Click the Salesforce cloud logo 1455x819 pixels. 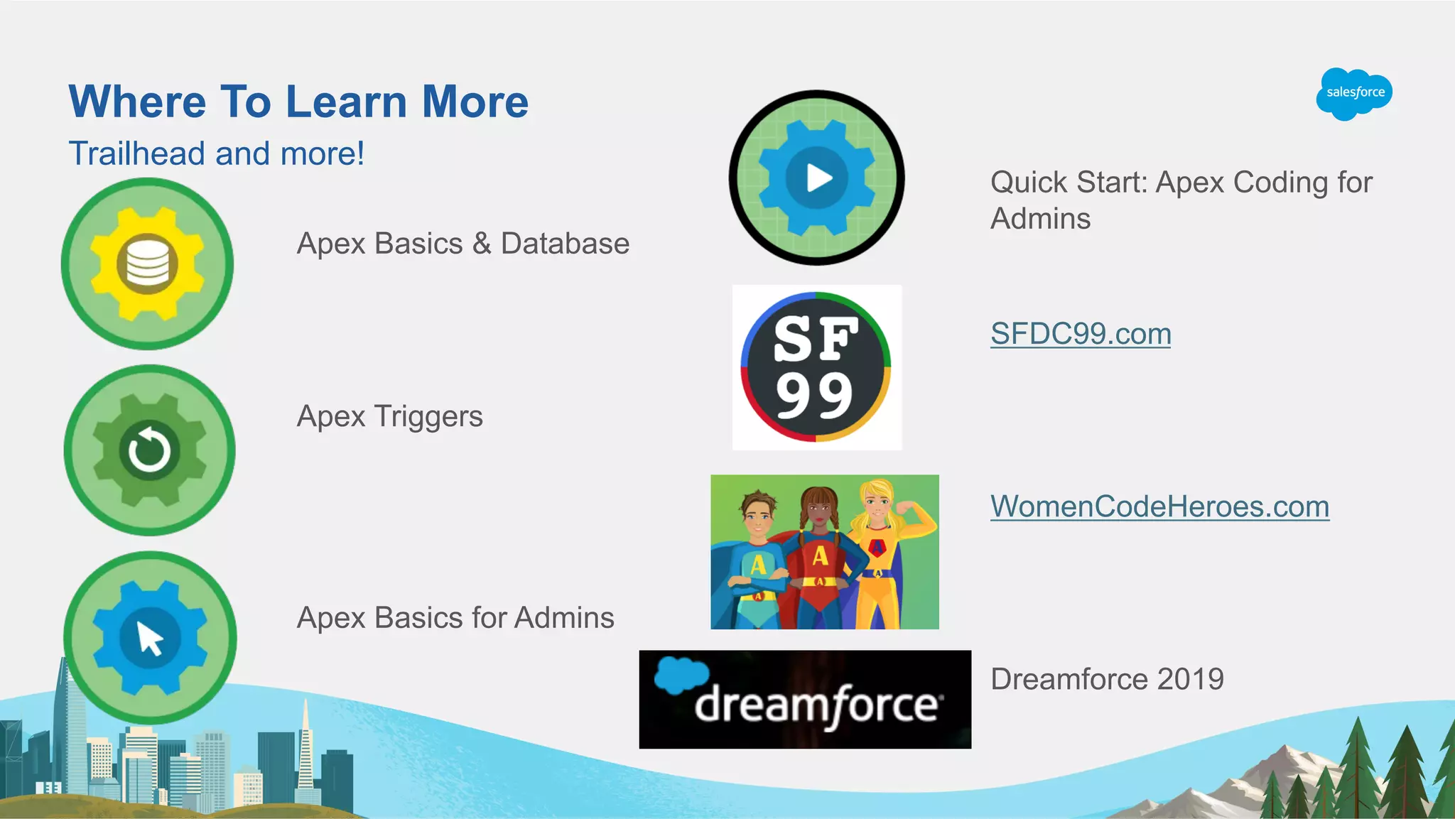point(1354,93)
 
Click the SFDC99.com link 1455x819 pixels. point(1081,334)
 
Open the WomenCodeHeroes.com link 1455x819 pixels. point(1159,506)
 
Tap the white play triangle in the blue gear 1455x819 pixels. point(818,178)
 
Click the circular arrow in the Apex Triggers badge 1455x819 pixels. point(149,450)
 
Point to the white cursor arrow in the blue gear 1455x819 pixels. point(150,638)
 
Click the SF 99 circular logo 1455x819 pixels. point(816,367)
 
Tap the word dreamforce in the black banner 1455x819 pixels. point(817,705)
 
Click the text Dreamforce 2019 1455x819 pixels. point(1107,679)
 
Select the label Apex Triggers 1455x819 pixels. point(389,416)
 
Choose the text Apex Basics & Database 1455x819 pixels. point(463,244)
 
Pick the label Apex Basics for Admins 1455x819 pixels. point(455,618)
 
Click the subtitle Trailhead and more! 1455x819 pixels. point(216,153)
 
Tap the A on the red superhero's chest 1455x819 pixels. point(821,555)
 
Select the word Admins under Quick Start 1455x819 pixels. point(1040,219)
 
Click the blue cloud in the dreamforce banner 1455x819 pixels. point(681,675)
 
